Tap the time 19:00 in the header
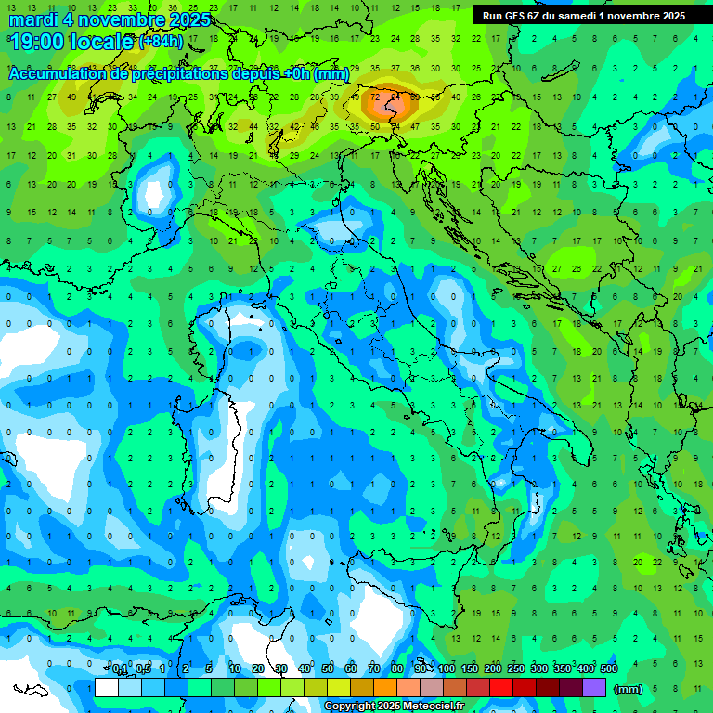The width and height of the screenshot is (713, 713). [x=42, y=41]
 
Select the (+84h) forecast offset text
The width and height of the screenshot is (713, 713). [x=161, y=42]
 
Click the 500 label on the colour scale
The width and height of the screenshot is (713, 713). [x=609, y=669]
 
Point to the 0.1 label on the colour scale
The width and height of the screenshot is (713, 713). [x=120, y=669]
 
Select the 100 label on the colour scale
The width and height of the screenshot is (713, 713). [x=447, y=669]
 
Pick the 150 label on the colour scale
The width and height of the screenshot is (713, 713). [x=470, y=669]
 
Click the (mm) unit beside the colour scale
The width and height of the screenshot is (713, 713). [x=629, y=689]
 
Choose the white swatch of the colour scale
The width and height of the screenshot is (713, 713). [x=106, y=688]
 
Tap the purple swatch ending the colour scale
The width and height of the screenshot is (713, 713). [x=594, y=688]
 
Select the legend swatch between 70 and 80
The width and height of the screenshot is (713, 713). [x=385, y=688]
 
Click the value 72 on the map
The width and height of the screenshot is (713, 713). [x=375, y=96]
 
